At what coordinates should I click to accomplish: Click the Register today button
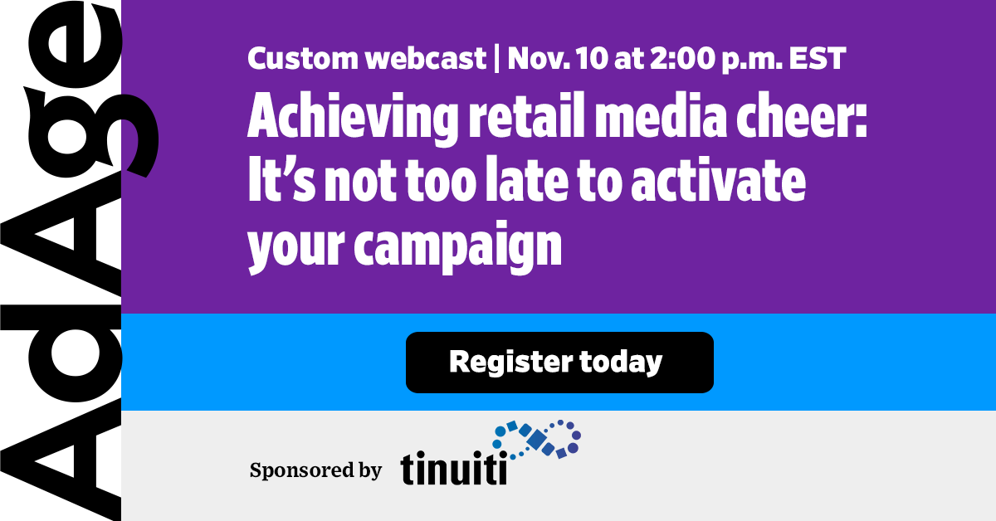coord(559,363)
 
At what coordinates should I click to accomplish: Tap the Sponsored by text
coord(315,470)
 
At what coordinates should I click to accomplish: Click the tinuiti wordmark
coord(453,469)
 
